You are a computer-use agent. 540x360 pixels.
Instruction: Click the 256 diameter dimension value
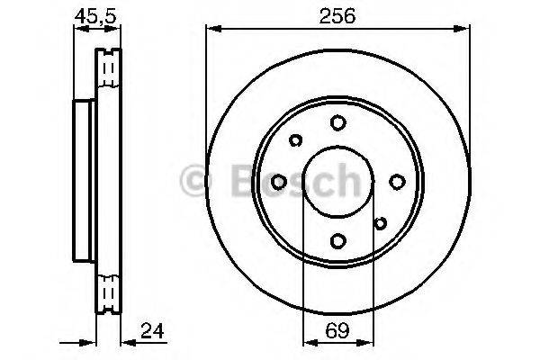337,16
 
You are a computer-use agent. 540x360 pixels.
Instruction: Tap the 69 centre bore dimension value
337,330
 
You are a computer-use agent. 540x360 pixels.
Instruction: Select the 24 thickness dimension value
152,330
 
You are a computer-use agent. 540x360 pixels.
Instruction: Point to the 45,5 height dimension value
95,16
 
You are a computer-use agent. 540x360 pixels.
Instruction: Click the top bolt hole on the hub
337,122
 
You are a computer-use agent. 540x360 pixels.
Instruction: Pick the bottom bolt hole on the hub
337,240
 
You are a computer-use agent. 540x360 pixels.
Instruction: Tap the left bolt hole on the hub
279,182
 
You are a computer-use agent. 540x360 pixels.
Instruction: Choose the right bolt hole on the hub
397,182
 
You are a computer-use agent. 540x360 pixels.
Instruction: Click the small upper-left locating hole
295,139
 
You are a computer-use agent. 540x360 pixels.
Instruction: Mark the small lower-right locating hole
380,223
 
